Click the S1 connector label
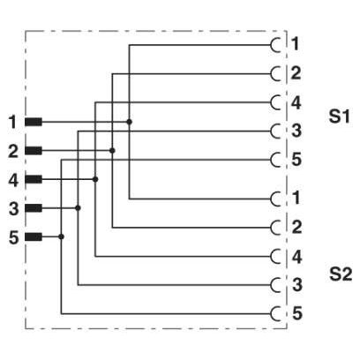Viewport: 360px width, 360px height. pyautogui.click(x=339, y=116)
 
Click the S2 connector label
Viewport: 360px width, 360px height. pyautogui.click(x=341, y=274)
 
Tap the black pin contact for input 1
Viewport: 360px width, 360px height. pyautogui.click(x=34, y=122)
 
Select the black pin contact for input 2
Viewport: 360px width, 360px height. pyautogui.click(x=34, y=151)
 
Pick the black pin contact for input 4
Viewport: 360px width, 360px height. pyautogui.click(x=34, y=179)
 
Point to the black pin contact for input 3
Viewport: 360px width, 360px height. pyautogui.click(x=34, y=208)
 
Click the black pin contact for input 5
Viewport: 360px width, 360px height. pyautogui.click(x=34, y=236)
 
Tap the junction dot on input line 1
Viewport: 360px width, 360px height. pyautogui.click(x=129, y=122)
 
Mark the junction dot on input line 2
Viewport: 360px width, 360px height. pyautogui.click(x=112, y=151)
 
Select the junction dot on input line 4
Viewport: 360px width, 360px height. pyautogui.click(x=95, y=179)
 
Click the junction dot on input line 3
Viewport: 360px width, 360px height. pyautogui.click(x=78, y=208)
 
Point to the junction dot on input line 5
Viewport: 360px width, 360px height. pyautogui.click(x=61, y=236)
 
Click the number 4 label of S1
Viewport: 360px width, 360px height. pyautogui.click(x=296, y=103)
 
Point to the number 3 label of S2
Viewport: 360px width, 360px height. pyautogui.click(x=297, y=285)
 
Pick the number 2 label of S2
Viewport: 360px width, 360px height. pyautogui.click(x=296, y=227)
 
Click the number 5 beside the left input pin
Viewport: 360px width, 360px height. pyautogui.click(x=13, y=237)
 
